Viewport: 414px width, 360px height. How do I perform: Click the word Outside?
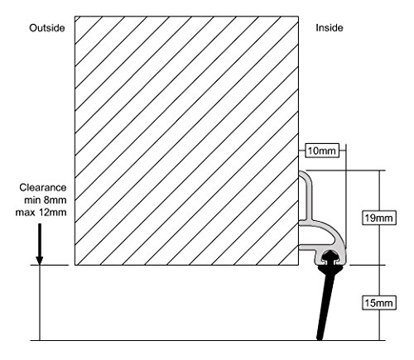[47, 28]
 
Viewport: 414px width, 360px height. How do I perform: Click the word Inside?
[330, 28]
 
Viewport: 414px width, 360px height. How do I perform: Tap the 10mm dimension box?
[322, 151]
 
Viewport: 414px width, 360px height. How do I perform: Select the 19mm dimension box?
[378, 218]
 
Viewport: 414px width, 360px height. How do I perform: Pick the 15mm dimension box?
[378, 303]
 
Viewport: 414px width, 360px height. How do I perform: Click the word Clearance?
[43, 188]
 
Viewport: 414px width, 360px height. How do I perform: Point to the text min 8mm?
[46, 199]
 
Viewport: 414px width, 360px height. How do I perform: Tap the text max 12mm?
[41, 213]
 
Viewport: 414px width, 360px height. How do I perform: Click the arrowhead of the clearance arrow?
[40, 261]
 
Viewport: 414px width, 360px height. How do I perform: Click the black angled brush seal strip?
[326, 304]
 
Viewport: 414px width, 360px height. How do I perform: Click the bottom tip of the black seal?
[320, 338]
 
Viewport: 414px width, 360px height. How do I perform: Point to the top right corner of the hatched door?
[298, 17]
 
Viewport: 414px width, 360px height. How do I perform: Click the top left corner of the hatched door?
[75, 17]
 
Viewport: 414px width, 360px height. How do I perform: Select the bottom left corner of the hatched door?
[75, 265]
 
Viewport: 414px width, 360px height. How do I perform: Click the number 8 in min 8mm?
[46, 199]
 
